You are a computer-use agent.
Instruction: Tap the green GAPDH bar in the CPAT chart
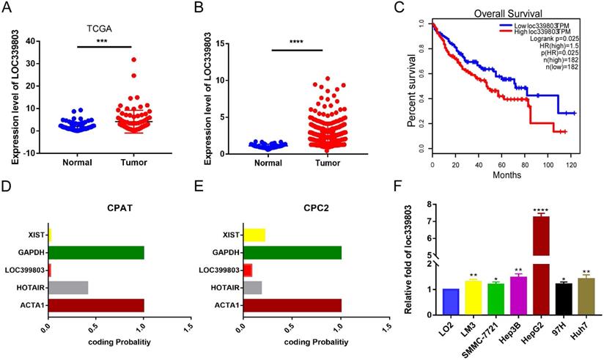click(x=96, y=253)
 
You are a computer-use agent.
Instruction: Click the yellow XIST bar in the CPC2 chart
click(x=254, y=235)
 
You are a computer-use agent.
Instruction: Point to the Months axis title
click(x=507, y=175)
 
